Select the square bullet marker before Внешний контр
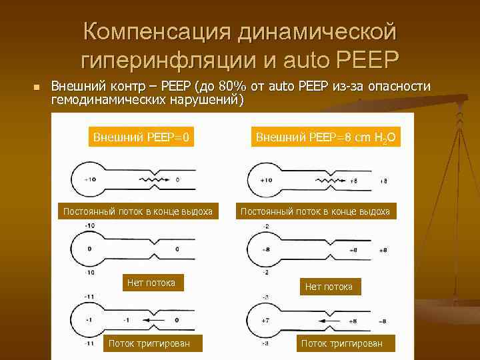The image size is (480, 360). pos(37,87)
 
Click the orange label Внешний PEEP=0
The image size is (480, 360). pos(141,137)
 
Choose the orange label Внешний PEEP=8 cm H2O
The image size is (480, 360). pos(326,138)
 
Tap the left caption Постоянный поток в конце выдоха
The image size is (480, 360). pos(137,212)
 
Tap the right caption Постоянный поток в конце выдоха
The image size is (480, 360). pos(315,212)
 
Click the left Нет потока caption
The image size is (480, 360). pos(151,283)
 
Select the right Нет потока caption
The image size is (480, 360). pos(328,287)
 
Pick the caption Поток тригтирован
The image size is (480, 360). pos(149,343)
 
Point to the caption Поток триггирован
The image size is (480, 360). pos(342,343)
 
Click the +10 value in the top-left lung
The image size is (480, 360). pos(89,179)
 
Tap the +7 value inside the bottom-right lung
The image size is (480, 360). pos(265,321)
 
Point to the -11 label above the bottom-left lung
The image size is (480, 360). pos(89,295)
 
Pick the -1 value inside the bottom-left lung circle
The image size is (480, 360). pos(89,320)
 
